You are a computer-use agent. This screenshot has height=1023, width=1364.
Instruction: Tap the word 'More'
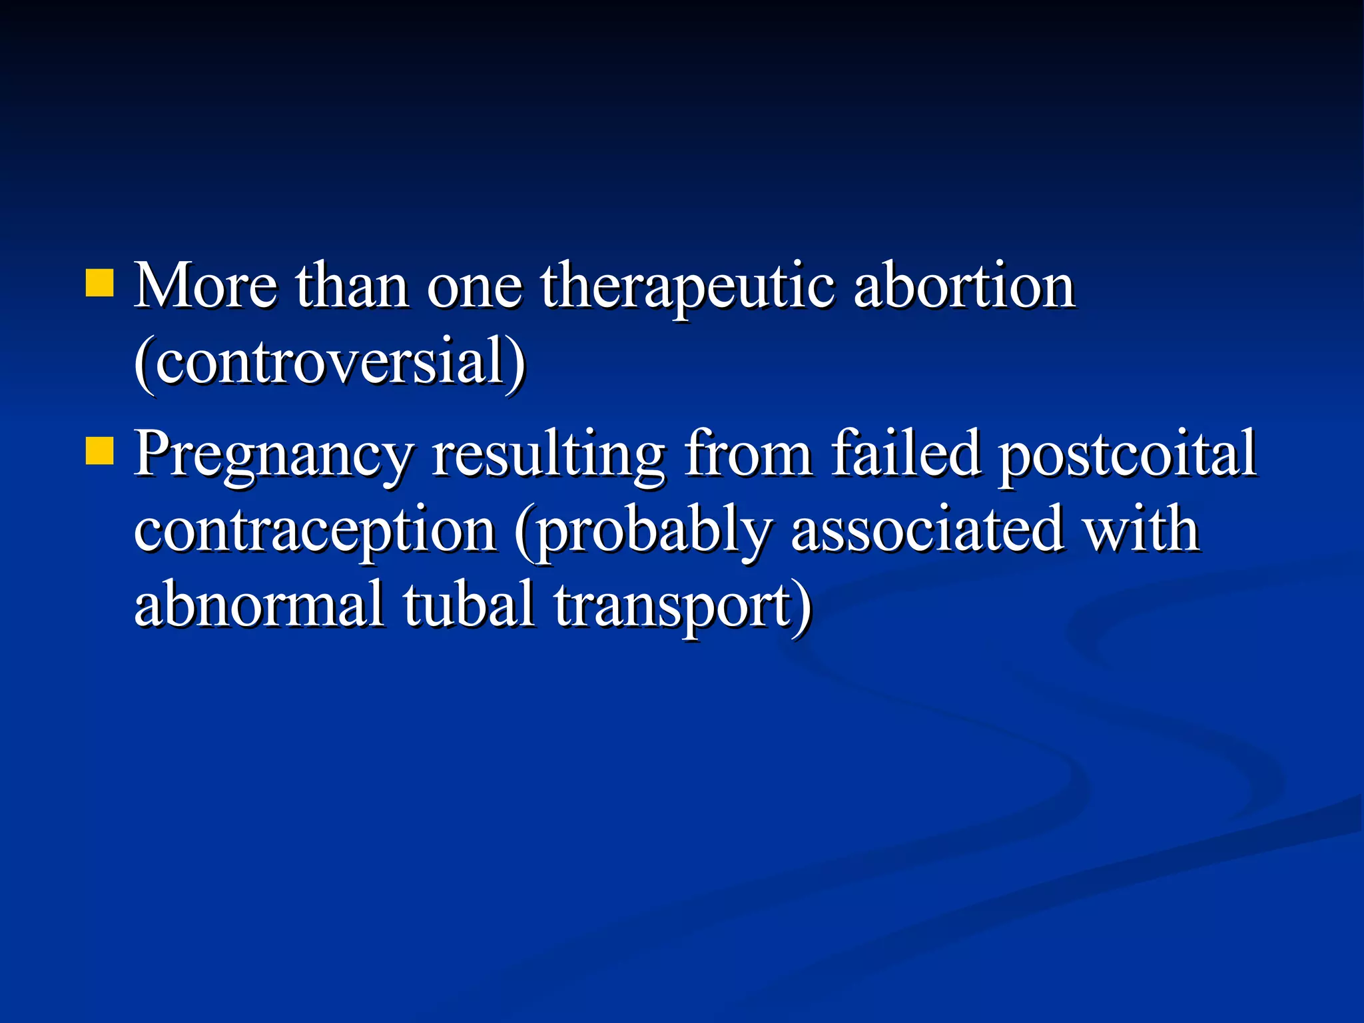click(205, 286)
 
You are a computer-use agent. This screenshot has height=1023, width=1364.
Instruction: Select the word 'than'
click(352, 286)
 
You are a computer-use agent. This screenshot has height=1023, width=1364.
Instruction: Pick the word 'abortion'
click(964, 286)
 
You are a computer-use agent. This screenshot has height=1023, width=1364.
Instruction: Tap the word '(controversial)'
click(330, 362)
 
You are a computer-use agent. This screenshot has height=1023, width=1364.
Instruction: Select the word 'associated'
click(926, 529)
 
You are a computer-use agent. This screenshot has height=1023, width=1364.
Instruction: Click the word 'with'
click(1141, 529)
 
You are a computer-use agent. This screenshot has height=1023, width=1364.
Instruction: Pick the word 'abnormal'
click(260, 604)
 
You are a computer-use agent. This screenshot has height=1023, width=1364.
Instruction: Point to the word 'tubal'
click(469, 604)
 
